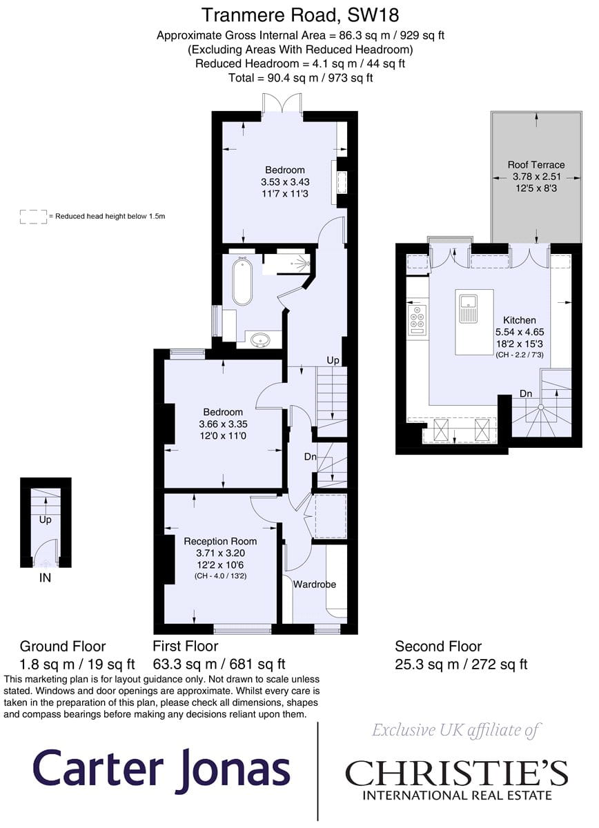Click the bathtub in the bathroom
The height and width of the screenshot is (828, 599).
[x=242, y=282]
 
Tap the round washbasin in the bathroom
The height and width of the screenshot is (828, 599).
[x=261, y=339]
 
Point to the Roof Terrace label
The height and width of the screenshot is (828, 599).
[x=536, y=164]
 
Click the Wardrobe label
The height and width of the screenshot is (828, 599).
[x=315, y=584]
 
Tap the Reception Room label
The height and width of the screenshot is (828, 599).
[x=220, y=541]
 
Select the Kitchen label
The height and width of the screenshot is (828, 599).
[x=520, y=320]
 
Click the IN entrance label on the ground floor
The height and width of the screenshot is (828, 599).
[x=45, y=578]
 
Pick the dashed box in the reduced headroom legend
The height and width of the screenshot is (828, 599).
[x=33, y=217]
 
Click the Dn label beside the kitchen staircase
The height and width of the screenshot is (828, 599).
[x=526, y=393]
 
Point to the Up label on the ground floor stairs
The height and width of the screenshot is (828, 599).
[x=45, y=520]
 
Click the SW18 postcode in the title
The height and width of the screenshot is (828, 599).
[x=373, y=15]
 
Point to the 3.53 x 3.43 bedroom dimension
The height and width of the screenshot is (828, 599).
[x=285, y=182]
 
